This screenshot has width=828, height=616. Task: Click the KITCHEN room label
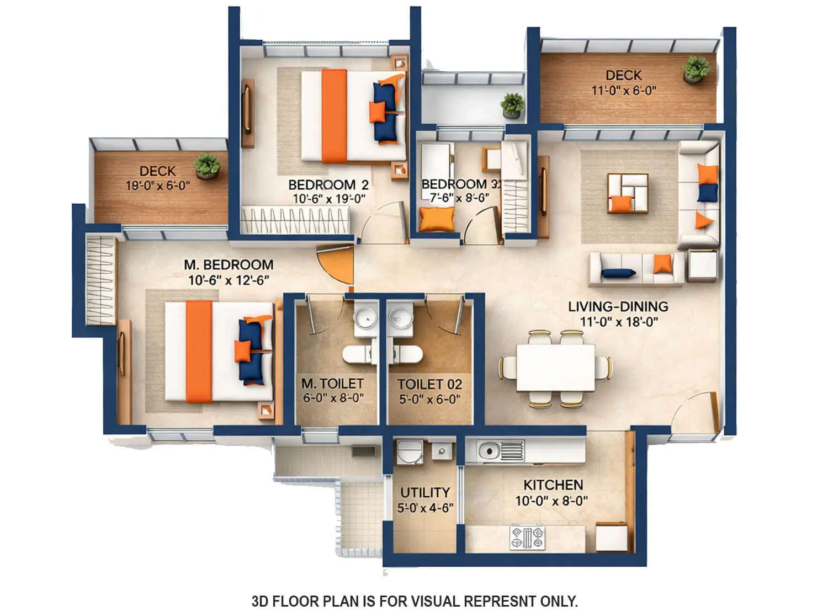tap(553, 485)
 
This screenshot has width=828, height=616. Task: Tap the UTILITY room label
tap(424, 492)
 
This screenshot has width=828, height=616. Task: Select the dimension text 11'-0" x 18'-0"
tap(618, 322)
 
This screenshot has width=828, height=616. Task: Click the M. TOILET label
tap(332, 383)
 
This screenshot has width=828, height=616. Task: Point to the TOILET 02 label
tap(429, 384)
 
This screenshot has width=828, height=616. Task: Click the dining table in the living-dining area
tap(555, 368)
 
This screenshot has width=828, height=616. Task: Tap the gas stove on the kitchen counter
tap(527, 537)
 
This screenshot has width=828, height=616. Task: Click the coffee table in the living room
tap(628, 193)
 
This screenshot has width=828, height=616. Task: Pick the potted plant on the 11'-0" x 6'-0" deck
tap(696, 69)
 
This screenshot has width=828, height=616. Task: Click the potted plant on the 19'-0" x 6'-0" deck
tap(207, 166)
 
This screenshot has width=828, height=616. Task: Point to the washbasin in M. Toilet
tap(364, 318)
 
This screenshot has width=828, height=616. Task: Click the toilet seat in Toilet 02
tap(408, 354)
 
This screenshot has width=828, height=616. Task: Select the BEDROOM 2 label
tap(328, 184)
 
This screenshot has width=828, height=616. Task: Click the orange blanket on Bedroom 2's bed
tap(334, 116)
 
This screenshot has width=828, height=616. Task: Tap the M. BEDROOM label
tap(229, 265)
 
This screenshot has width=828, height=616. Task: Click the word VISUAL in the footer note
tap(435, 601)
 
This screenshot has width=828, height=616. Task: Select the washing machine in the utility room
tap(409, 452)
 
